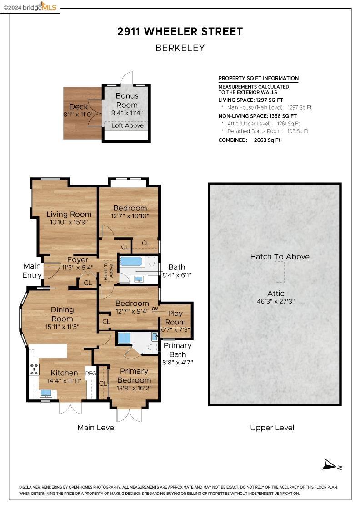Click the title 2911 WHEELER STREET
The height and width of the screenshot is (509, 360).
(x=180, y=31)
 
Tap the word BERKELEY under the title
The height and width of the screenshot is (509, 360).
(x=180, y=48)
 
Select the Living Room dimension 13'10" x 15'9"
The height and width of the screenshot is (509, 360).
(x=69, y=222)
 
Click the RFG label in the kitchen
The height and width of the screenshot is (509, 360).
(x=90, y=373)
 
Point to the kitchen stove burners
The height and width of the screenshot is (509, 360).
(x=34, y=369)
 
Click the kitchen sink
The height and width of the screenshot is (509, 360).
(x=45, y=394)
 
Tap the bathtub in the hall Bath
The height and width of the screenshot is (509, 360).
(x=131, y=262)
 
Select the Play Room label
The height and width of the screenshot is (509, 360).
(x=175, y=318)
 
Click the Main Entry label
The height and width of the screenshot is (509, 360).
(x=32, y=271)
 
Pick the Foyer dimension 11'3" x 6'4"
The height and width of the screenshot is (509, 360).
(x=78, y=268)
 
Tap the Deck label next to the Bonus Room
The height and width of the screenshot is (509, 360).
(x=79, y=106)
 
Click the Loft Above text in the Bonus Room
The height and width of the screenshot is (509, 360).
(x=127, y=125)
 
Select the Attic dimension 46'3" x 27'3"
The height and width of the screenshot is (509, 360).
(x=275, y=301)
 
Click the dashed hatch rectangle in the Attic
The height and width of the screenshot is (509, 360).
(x=280, y=272)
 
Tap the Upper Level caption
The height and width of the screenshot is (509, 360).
(x=272, y=428)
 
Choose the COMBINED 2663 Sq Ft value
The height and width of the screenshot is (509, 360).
(x=267, y=140)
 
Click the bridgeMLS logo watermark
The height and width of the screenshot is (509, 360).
(x=30, y=7)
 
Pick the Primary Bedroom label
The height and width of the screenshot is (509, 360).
(x=134, y=375)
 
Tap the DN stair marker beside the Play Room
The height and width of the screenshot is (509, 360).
(x=155, y=309)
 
